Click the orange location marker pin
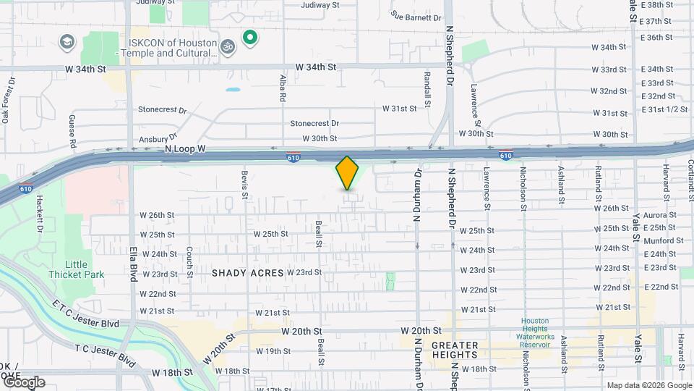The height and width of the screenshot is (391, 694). (348, 173)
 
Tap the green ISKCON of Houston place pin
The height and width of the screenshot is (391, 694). (251, 37)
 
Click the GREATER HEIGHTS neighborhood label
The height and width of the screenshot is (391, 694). (455, 350)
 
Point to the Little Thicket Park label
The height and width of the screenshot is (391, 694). (76, 269)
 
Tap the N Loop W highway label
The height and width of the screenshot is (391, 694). (186, 148)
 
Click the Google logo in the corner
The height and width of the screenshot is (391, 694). (24, 382)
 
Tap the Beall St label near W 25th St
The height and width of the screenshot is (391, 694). (319, 233)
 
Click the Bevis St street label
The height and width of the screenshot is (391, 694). (245, 185)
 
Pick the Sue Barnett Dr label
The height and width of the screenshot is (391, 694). (416, 16)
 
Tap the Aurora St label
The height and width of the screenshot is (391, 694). (659, 215)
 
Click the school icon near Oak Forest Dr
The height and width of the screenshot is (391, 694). (67, 41)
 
